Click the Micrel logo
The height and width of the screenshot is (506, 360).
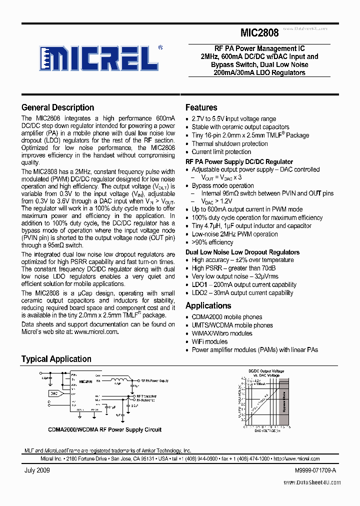[x=100, y=58]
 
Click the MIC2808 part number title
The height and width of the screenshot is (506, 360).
[x=259, y=33]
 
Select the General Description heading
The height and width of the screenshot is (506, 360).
[x=57, y=107]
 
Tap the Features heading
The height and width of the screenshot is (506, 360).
[x=201, y=107]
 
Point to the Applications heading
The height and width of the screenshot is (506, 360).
[x=208, y=305]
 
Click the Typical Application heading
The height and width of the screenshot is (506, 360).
[x=56, y=359]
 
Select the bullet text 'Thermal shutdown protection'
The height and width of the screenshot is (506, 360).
[x=229, y=143]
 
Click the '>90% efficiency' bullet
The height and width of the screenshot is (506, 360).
[x=212, y=242]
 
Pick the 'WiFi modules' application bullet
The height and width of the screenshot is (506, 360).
[x=209, y=341]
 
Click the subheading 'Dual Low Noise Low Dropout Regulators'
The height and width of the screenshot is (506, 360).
[x=242, y=252]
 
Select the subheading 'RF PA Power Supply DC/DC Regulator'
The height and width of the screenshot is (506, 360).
[x=239, y=161]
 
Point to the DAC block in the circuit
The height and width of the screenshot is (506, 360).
[x=54, y=393]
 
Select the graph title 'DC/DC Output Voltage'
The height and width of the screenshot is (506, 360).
[x=266, y=371]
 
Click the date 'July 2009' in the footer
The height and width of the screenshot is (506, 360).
[x=37, y=470]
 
